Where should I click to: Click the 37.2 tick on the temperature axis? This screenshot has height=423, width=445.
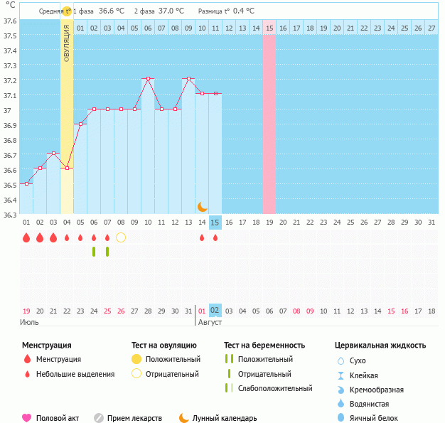click(x=9, y=80)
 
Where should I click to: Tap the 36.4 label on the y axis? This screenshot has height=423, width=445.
click(x=9, y=200)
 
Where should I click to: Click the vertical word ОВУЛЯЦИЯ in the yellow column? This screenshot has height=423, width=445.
click(x=67, y=43)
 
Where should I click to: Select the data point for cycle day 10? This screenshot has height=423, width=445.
click(x=148, y=79)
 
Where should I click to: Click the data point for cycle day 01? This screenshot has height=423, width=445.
click(x=26, y=184)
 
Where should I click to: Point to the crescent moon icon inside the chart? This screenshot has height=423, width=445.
click(x=202, y=206)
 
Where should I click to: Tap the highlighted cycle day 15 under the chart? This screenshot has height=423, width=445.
click(x=215, y=223)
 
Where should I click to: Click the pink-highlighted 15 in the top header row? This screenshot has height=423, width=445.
click(x=269, y=28)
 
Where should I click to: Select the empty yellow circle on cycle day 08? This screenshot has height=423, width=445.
click(x=121, y=237)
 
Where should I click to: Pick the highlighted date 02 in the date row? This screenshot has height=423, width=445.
click(x=215, y=311)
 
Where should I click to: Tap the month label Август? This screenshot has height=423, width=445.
click(x=210, y=322)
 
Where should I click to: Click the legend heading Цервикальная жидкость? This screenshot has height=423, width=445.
click(x=380, y=345)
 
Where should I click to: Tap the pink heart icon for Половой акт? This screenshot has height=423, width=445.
click(x=27, y=418)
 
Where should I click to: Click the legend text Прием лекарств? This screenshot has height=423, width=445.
click(x=134, y=418)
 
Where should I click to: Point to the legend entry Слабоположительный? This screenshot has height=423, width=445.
click(x=275, y=388)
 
